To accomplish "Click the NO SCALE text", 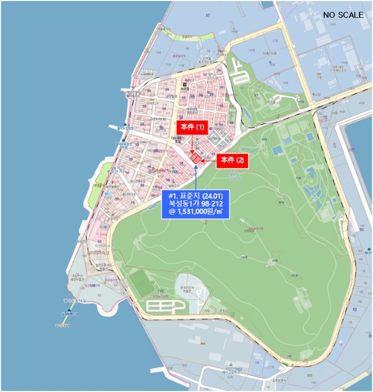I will [343, 15].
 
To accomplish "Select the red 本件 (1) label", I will [192, 127].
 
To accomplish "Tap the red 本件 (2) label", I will [232, 160].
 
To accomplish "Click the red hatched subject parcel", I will [196, 159].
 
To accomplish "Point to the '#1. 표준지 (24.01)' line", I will [196, 196].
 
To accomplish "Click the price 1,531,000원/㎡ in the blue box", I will [196, 213].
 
